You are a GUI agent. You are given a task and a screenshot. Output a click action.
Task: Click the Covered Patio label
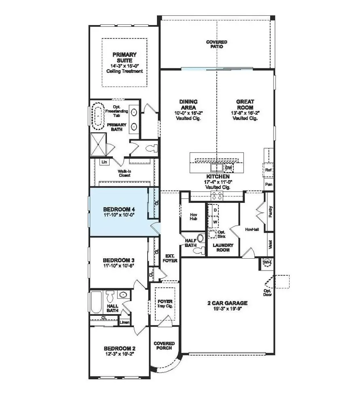coord(216,44)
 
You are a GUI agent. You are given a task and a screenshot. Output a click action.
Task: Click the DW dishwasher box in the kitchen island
coord(229,167)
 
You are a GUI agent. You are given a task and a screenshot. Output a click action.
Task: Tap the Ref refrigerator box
coord(268,170)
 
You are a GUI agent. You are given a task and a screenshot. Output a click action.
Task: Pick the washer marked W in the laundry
coord(215,222)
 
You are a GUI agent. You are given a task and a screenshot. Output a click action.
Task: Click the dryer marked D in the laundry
coord(215,211)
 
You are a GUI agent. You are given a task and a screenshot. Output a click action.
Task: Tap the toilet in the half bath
coord(198,250)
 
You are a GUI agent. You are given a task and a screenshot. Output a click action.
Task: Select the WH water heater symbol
coord(267,263)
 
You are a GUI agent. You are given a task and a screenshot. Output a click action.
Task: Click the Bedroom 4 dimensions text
coord(119,215)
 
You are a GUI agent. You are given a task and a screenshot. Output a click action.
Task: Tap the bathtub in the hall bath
coord(96,302)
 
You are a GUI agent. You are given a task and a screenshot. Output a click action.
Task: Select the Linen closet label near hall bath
coord(125,323)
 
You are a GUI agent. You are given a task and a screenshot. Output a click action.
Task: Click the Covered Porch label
coord(163,346)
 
